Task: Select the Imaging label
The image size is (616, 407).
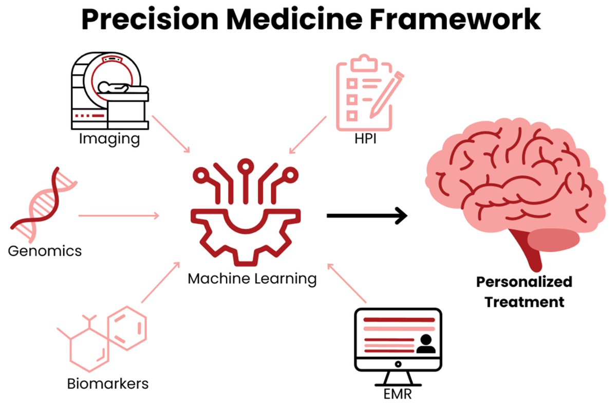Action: click(109, 139)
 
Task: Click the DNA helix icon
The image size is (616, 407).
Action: click(44, 203)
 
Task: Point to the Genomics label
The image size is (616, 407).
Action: click(45, 251)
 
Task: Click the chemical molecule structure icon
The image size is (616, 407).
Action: click(103, 337)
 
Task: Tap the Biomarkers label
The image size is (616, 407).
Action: click(108, 383)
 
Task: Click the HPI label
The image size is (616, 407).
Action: click(365, 139)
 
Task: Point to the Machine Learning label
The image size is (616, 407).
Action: click(252, 279)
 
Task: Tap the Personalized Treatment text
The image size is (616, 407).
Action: click(524, 291)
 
